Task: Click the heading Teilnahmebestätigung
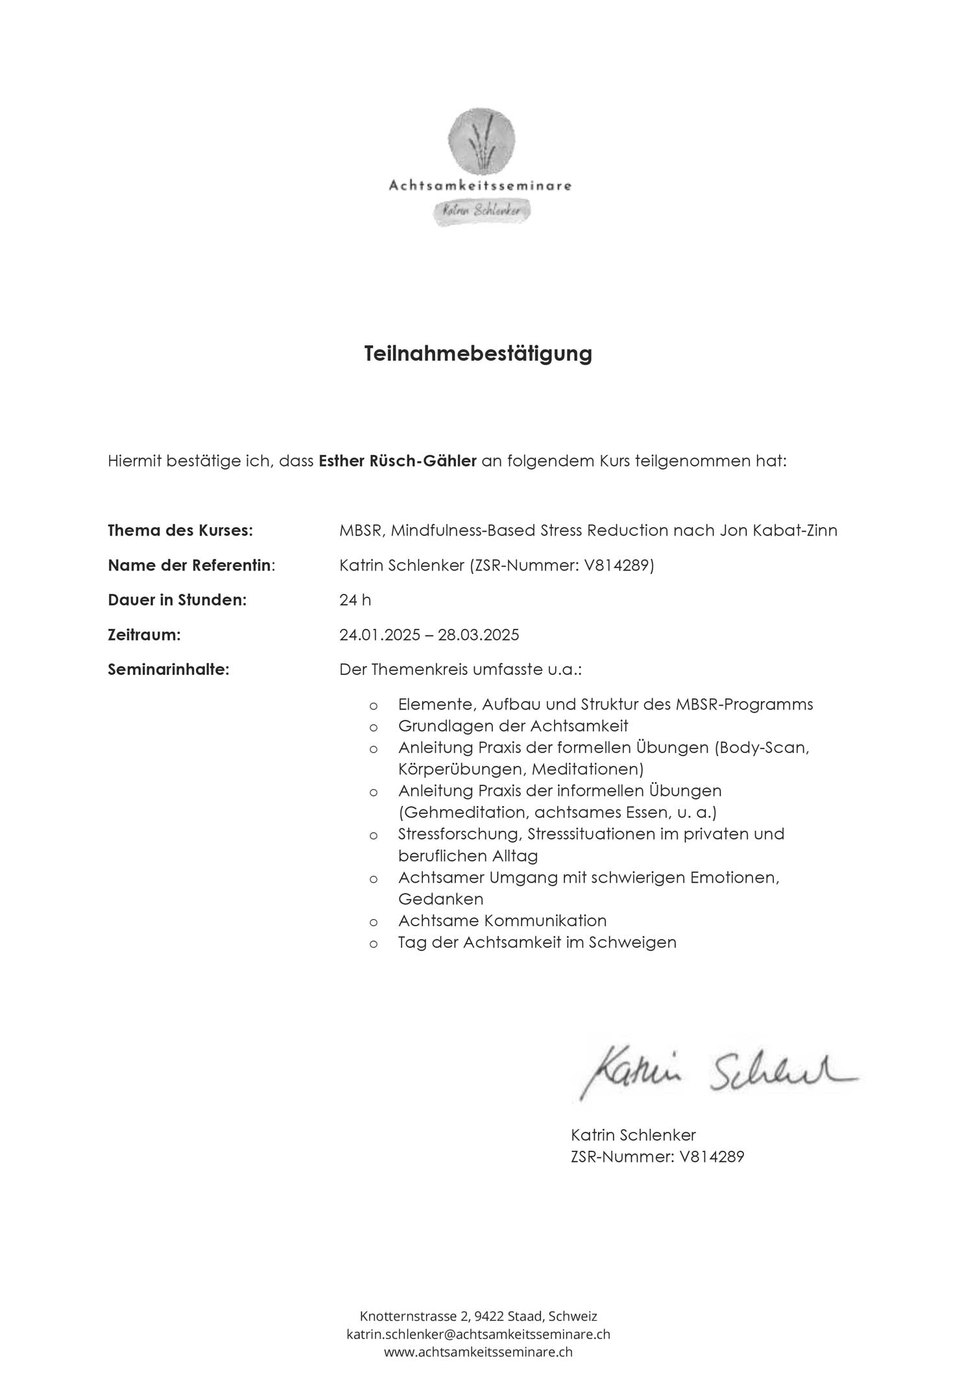point(478,354)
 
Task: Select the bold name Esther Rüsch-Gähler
point(398,461)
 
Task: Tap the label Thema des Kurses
point(180,530)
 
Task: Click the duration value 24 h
point(355,600)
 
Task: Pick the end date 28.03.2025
point(479,635)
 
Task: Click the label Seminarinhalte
point(169,669)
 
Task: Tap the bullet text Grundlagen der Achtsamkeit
point(512,726)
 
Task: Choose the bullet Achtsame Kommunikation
point(502,920)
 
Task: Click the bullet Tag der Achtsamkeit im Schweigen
point(537,942)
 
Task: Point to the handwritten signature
point(717,1074)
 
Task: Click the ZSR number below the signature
point(657,1156)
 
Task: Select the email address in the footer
point(478,1334)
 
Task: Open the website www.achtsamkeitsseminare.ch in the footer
point(478,1352)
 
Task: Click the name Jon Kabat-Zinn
point(778,530)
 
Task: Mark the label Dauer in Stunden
point(177,600)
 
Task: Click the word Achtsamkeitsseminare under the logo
point(480,186)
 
